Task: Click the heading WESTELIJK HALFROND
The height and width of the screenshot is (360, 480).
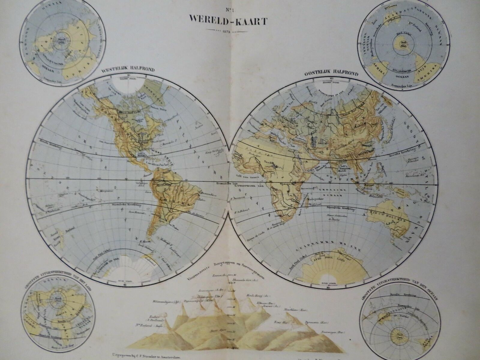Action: click(x=128, y=70)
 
